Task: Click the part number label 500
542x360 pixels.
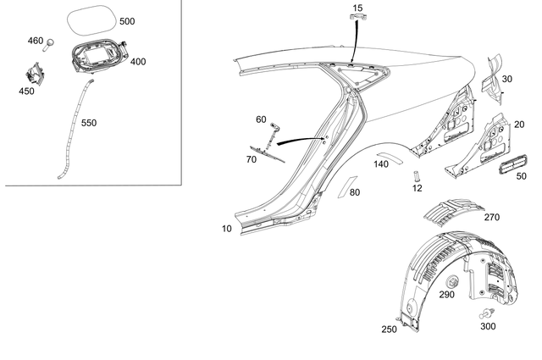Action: [127, 21]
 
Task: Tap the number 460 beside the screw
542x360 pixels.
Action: [36, 41]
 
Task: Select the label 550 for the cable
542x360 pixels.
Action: [89, 123]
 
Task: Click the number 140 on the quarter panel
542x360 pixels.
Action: [381, 164]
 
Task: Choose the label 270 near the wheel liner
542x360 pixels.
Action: [491, 217]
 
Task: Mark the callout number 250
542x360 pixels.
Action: [390, 330]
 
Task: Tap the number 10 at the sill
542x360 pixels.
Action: [226, 230]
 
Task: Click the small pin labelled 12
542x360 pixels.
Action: [417, 176]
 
